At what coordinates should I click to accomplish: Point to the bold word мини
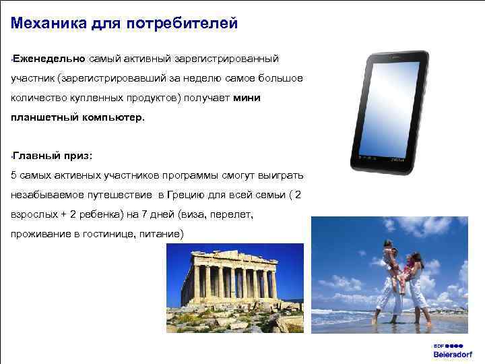click(x=247, y=98)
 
